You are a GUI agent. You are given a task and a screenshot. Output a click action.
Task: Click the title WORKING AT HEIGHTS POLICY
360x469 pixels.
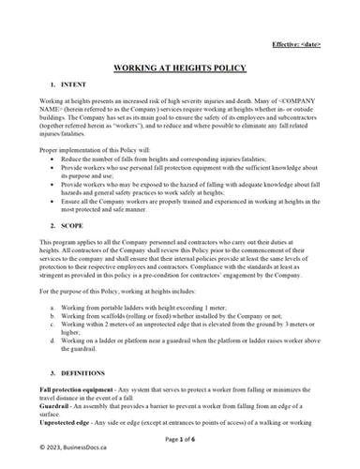tap(180, 69)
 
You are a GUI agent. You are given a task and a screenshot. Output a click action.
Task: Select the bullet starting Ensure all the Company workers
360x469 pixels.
tap(187, 201)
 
